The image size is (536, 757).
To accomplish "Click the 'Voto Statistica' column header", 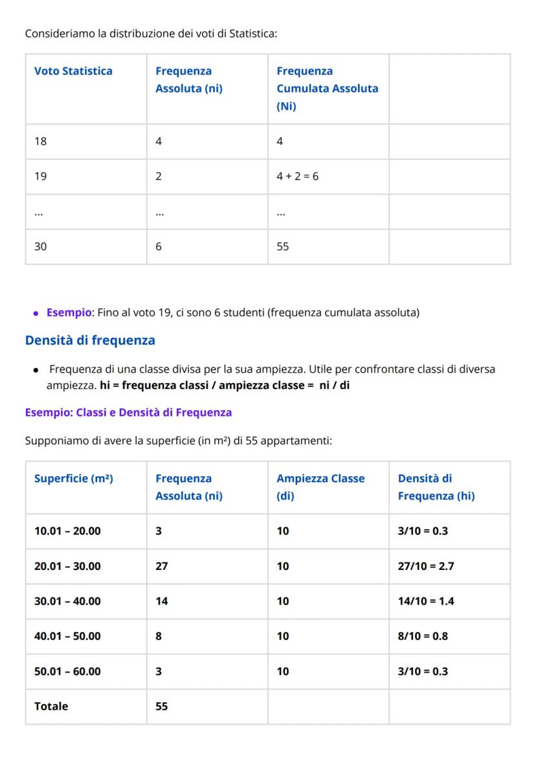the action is [x=73, y=71].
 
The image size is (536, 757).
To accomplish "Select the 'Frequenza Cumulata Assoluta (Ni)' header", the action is [x=327, y=89].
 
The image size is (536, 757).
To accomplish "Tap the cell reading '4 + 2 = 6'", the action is [x=298, y=176].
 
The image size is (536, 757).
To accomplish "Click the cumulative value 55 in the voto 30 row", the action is [x=283, y=247].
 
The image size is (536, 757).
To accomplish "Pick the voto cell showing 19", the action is [x=41, y=176].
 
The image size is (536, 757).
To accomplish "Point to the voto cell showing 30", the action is [x=41, y=247].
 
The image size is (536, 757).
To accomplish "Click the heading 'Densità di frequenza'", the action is [x=90, y=340].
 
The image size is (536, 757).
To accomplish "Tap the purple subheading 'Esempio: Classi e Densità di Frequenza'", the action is [x=128, y=412].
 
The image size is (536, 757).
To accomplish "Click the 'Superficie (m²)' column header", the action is [x=74, y=479].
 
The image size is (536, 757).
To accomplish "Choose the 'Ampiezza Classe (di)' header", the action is [x=320, y=487].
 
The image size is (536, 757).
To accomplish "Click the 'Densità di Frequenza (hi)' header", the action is [x=436, y=487].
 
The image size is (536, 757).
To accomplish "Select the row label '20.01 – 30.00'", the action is [x=67, y=566].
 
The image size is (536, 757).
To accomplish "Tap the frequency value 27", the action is [x=162, y=566].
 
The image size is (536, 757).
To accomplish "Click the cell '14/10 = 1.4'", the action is [x=426, y=601].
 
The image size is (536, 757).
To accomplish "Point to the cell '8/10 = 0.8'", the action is [x=423, y=636].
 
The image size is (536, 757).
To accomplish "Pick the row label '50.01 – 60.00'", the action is [x=67, y=671].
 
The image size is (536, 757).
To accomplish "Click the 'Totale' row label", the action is [x=51, y=706].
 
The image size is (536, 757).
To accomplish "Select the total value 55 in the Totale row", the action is [x=162, y=706].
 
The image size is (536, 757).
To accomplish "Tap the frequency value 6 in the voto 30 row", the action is [x=159, y=247].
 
